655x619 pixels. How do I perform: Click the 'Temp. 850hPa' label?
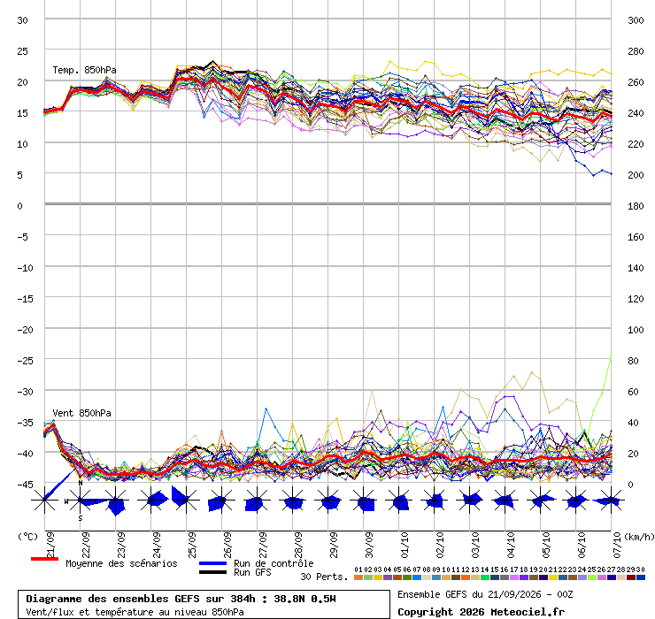coord(84,70)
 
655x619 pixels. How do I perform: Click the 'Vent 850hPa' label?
coord(81,413)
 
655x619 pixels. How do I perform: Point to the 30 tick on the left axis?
coord(22,20)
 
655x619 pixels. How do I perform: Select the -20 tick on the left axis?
coord(25,330)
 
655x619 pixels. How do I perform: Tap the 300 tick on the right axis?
coord(636,20)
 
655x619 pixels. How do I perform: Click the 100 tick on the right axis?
coord(636,330)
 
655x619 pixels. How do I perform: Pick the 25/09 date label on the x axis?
coord(192,545)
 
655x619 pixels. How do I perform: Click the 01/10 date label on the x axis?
coord(405,545)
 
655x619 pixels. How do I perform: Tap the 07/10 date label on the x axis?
coord(618,545)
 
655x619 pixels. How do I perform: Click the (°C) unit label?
coord(27,537)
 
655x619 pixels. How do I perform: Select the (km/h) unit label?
coord(639,537)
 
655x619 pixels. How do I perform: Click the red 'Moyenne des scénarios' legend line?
coord(44,559)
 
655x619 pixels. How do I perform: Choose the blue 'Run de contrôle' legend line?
coord(212,563)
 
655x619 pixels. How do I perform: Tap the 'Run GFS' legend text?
coord(252,572)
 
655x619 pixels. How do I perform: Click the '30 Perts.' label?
coord(324,577)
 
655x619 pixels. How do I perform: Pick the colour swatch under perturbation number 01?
coord(358,577)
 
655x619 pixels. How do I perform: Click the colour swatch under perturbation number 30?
coord(640,577)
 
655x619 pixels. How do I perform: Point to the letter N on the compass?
coord(81,483)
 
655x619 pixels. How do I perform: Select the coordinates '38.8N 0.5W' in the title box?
coord(305,599)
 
